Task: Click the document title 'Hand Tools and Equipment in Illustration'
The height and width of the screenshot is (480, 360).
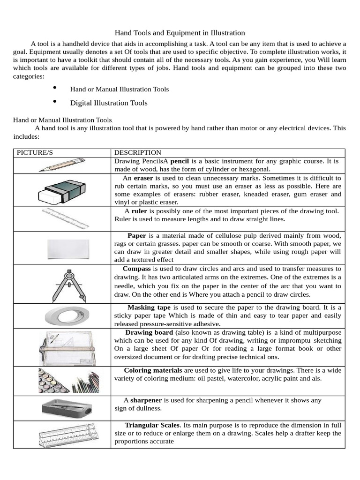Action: click(x=180, y=33)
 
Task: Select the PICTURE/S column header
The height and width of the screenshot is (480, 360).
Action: click(x=33, y=153)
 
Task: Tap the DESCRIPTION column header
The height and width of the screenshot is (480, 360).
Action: click(x=138, y=153)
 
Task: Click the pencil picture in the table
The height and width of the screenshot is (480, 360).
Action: click(x=62, y=165)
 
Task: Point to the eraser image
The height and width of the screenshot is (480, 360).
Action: click(x=62, y=190)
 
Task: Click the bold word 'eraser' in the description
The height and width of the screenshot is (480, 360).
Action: click(x=143, y=178)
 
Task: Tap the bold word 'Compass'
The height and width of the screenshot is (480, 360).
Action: click(x=136, y=269)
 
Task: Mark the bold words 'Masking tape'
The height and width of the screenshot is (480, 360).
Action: click(x=149, y=307)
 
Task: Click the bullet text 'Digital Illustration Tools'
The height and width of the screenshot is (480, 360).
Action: click(x=109, y=103)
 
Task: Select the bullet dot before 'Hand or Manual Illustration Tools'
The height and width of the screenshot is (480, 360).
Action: click(x=55, y=88)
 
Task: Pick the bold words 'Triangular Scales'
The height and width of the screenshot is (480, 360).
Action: click(x=152, y=425)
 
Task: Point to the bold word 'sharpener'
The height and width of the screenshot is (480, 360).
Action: click(x=146, y=400)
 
